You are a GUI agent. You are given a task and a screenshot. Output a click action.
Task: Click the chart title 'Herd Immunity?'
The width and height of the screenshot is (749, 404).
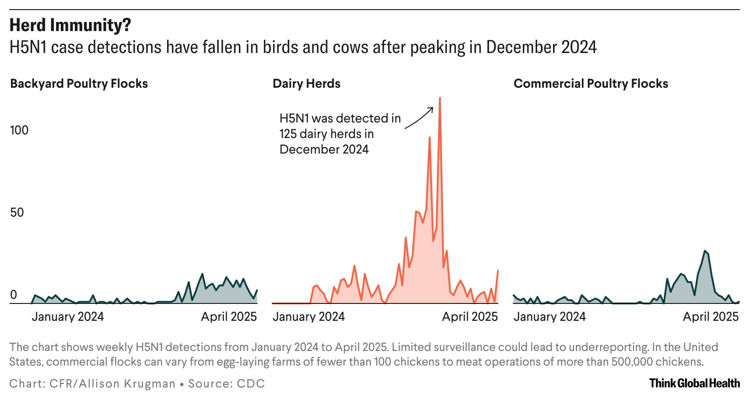[x=70, y=26]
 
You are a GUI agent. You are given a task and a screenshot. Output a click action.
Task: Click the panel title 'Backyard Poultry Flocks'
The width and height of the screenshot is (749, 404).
[x=79, y=84]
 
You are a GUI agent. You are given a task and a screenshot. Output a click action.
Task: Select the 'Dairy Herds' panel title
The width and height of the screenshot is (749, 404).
[x=306, y=84]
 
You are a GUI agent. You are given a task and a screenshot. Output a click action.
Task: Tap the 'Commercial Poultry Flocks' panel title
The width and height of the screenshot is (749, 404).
[x=591, y=84]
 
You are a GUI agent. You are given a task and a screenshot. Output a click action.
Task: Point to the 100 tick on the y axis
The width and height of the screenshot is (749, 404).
[x=19, y=130]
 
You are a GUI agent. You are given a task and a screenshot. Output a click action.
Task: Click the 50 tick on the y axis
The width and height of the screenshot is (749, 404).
[x=17, y=213]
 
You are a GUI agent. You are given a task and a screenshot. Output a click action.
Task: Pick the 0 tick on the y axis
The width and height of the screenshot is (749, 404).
[x=14, y=295]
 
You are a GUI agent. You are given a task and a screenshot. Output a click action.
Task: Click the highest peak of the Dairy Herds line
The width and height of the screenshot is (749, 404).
[x=439, y=98]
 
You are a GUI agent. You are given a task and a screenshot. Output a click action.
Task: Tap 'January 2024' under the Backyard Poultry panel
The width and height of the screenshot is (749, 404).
[x=68, y=317]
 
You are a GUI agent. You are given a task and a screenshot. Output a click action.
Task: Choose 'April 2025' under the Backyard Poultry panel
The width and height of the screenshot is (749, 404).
[x=229, y=317]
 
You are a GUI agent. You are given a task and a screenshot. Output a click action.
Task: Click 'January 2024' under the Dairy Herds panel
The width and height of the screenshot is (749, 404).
[x=309, y=317]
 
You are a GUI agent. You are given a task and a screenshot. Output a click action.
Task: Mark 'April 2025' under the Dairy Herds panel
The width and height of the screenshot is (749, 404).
[x=469, y=317]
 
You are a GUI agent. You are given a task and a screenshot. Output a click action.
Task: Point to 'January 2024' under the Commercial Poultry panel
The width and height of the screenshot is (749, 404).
[x=549, y=317]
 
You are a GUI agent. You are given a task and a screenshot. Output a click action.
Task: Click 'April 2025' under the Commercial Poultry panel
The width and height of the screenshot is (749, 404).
[x=711, y=317]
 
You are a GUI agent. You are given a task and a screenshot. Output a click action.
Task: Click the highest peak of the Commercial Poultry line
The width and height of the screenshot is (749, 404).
[x=705, y=251]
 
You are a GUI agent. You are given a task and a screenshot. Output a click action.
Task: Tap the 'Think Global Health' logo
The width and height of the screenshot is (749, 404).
[x=694, y=383]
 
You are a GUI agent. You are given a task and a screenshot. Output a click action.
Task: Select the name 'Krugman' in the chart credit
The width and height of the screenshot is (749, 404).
[x=150, y=383]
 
